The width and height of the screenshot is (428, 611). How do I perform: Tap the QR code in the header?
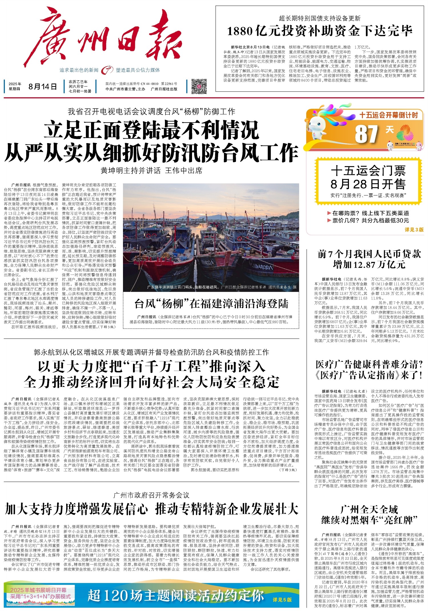point(199,86)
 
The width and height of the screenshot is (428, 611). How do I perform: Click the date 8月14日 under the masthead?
point(43,87)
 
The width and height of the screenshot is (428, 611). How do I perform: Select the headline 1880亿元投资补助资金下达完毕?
point(320,31)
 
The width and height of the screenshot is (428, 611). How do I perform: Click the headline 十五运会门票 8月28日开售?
point(368,178)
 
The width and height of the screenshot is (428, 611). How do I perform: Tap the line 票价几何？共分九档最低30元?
point(370,220)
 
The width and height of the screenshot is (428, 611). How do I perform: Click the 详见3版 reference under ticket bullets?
point(414,230)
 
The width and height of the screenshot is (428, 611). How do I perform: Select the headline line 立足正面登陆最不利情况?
point(151,130)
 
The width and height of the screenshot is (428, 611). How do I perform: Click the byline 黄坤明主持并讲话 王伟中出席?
point(151,170)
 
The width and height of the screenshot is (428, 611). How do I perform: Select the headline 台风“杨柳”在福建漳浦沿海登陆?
point(211,304)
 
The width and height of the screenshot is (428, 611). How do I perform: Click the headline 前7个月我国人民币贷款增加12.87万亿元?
point(369,259)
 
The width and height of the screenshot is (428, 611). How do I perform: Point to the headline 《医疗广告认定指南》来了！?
point(369,375)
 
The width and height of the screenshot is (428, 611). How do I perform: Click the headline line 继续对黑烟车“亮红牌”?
point(369,520)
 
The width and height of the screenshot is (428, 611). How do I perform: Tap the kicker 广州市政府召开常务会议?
point(151,495)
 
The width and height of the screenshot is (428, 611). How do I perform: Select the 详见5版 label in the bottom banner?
point(282,600)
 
